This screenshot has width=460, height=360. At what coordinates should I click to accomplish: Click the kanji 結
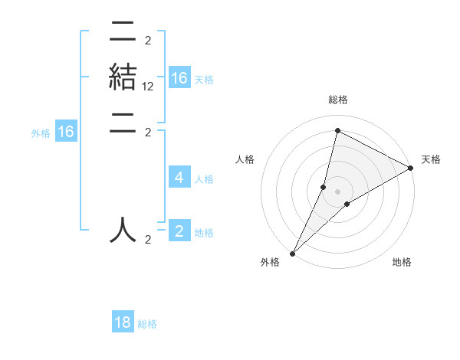click(x=123, y=77)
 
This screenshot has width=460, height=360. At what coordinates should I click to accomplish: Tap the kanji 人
click(x=123, y=229)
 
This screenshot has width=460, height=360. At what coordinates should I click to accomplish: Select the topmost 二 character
click(x=123, y=33)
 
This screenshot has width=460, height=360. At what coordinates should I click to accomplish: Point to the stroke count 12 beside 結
click(x=148, y=87)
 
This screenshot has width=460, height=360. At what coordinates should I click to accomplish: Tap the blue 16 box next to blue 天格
click(x=179, y=78)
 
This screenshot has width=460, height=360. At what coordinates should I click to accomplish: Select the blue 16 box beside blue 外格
click(x=66, y=132)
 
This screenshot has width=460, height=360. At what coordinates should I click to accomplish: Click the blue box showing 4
click(x=179, y=178)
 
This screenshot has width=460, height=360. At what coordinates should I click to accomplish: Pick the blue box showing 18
click(x=123, y=322)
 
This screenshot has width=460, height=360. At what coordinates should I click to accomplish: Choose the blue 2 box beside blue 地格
click(x=179, y=231)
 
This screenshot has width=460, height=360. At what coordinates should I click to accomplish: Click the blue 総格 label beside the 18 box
click(x=147, y=324)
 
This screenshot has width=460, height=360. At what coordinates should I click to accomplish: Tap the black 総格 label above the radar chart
click(x=337, y=100)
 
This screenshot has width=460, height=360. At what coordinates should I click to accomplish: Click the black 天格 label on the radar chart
click(x=432, y=159)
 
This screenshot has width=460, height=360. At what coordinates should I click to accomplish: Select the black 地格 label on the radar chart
click(x=402, y=263)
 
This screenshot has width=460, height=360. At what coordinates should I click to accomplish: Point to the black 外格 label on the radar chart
click(x=270, y=263)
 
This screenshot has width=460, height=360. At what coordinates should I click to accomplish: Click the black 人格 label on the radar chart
click(x=245, y=159)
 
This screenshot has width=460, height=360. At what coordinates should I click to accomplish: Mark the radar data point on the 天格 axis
click(x=411, y=168)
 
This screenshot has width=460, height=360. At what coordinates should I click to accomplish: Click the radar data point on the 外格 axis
click(x=293, y=253)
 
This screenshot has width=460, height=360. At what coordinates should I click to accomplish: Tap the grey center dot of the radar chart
click(x=337, y=191)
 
